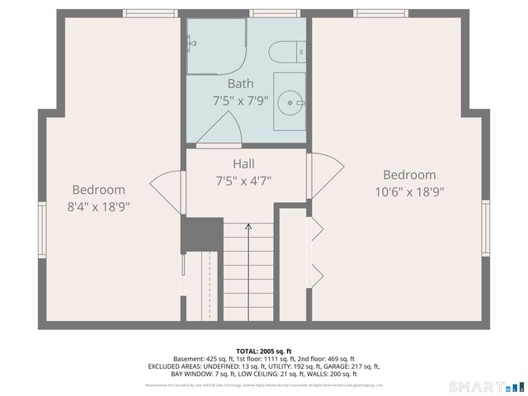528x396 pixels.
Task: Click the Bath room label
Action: [x=241, y=83]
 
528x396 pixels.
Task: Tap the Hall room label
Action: [x=243, y=163]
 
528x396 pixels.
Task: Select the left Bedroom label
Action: [x=98, y=189]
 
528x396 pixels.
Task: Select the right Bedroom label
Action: [x=409, y=175]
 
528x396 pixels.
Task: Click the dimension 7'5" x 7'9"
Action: [x=241, y=101]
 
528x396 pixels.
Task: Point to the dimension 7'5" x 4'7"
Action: [x=243, y=180]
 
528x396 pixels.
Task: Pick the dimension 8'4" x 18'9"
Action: [x=98, y=206]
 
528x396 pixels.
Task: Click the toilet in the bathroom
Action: [x=289, y=51]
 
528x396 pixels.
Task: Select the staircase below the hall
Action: [x=248, y=272]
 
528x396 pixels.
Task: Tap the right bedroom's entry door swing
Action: [x=326, y=173]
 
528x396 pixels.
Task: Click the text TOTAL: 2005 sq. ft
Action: [x=264, y=351]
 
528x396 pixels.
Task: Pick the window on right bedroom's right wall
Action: [x=486, y=228]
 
